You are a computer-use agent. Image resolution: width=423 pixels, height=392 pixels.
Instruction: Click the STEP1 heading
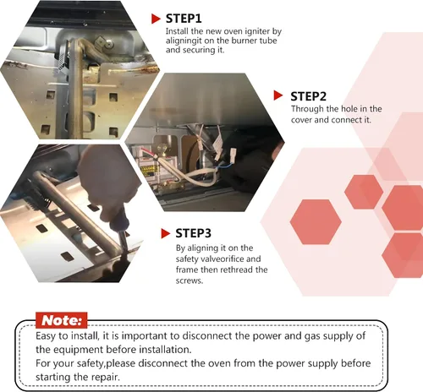coord(184,19)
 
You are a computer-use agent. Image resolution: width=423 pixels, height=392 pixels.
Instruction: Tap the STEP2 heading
coord(308,96)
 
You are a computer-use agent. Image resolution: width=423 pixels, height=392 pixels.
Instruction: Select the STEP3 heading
coord(193,233)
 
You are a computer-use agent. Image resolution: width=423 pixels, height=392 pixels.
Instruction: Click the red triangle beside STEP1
coord(156,19)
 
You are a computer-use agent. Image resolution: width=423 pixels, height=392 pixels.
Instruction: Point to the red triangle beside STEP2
coord(278,95)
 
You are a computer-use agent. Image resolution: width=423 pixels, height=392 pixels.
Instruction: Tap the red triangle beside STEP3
coord(165,233)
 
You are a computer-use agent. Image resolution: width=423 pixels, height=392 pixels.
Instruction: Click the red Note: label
coord(62,320)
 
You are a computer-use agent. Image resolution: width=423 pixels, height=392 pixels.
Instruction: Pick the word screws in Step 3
coord(190,280)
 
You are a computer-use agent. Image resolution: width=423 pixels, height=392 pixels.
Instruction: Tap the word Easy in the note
coord(46,336)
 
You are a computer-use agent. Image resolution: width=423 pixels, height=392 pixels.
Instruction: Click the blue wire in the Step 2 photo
coord(222,166)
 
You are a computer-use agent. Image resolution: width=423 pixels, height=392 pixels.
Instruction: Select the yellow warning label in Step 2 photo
coord(149,171)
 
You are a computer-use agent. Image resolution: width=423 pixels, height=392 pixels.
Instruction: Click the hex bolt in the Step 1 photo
coord(108,44)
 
